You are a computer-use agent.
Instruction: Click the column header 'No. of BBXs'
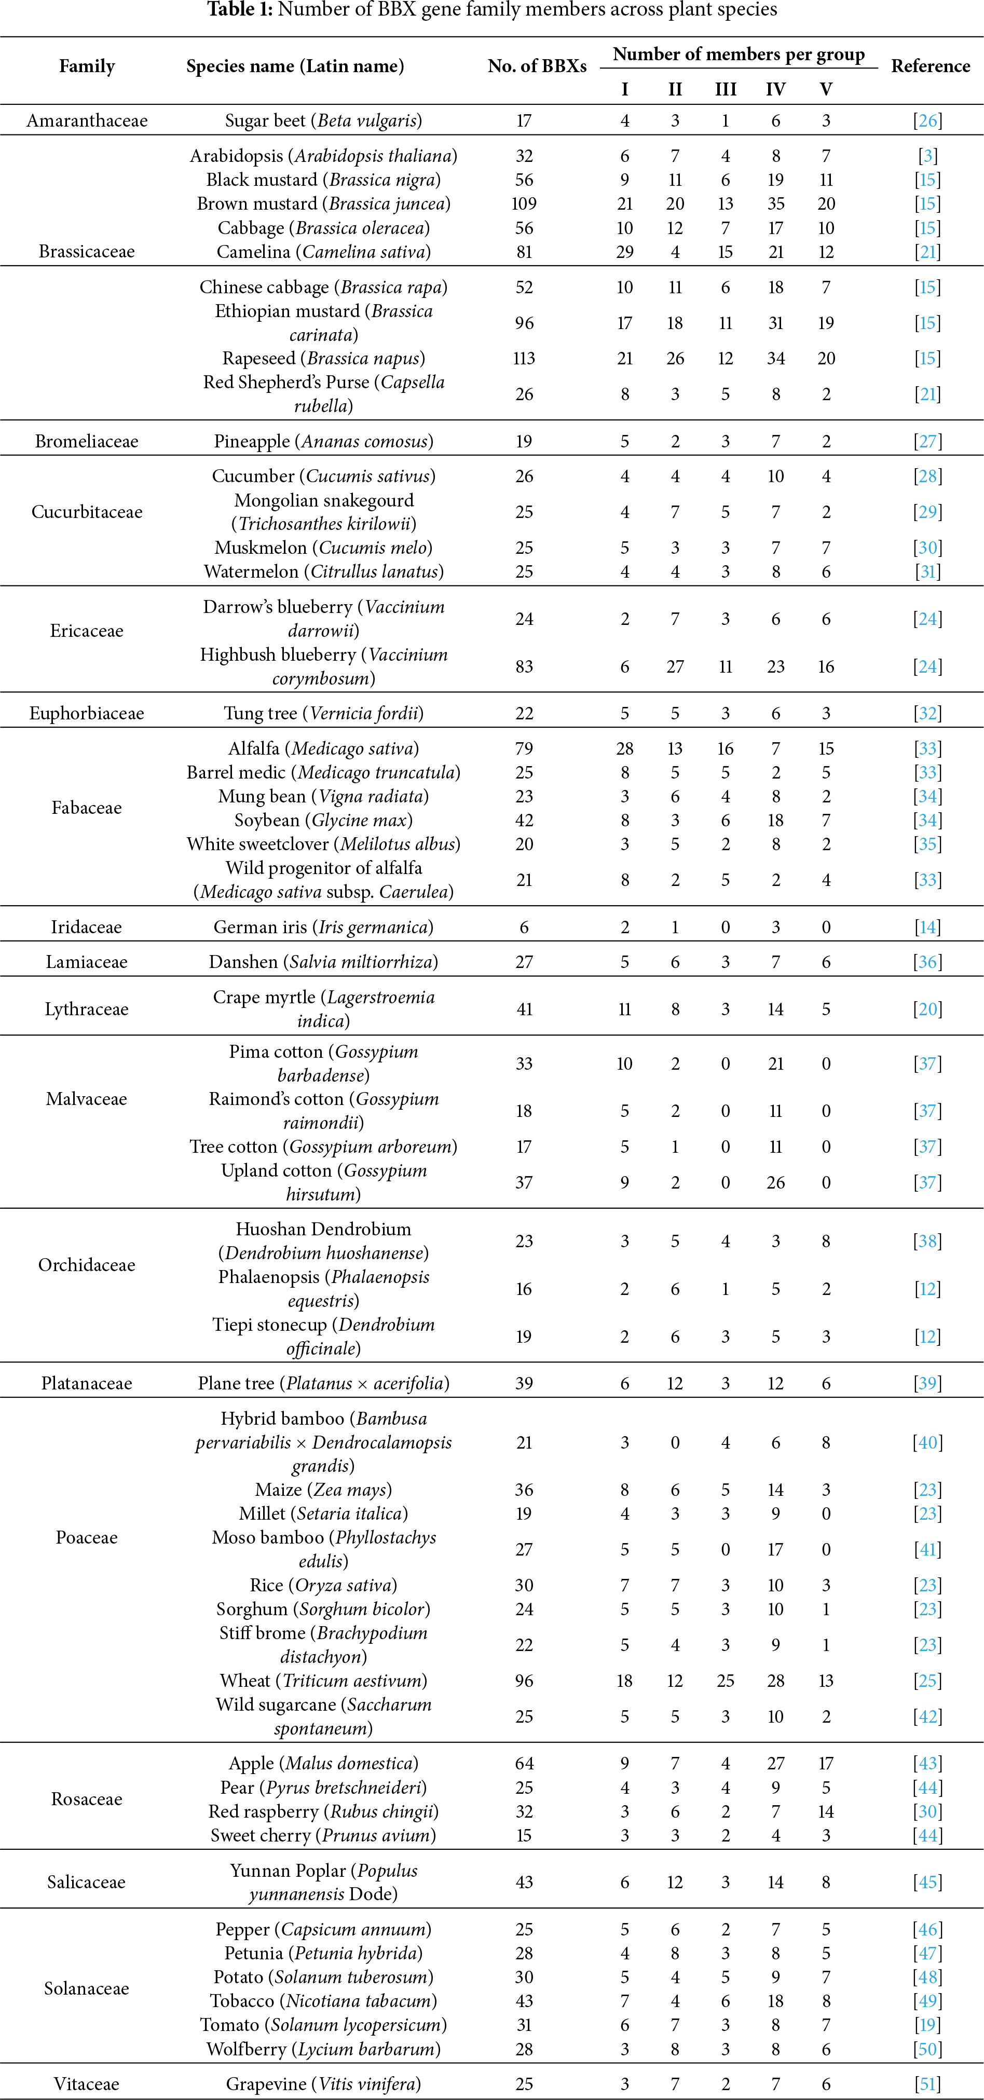click(x=537, y=66)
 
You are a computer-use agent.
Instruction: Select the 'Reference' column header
click(x=930, y=66)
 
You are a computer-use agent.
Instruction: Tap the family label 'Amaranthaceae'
click(x=87, y=120)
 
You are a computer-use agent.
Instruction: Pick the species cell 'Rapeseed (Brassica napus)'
click(x=324, y=359)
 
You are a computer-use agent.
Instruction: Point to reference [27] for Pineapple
click(x=928, y=442)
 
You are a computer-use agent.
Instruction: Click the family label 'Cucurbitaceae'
click(x=87, y=512)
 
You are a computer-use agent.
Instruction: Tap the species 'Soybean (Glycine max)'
click(x=324, y=820)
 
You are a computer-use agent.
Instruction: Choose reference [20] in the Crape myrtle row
click(x=928, y=1009)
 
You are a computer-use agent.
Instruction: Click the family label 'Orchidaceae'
click(x=87, y=1265)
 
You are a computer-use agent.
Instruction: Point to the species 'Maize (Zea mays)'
click(x=324, y=1490)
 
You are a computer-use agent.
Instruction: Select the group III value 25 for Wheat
click(x=725, y=1681)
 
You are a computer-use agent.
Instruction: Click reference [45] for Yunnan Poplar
click(x=928, y=1883)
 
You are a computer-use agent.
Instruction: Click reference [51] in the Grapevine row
click(x=928, y=2084)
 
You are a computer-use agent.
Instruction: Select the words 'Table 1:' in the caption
click(x=240, y=10)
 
